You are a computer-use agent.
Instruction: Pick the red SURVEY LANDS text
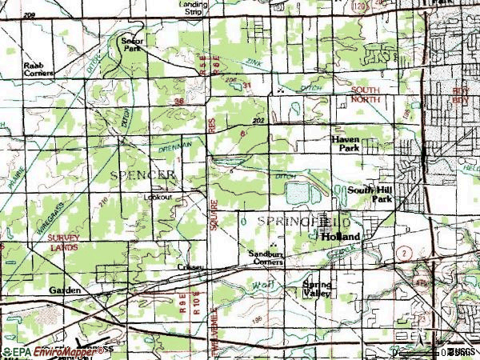[62, 243]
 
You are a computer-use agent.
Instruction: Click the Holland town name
[341, 238]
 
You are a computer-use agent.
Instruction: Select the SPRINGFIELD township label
[304, 219]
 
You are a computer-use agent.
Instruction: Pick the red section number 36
[179, 102]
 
